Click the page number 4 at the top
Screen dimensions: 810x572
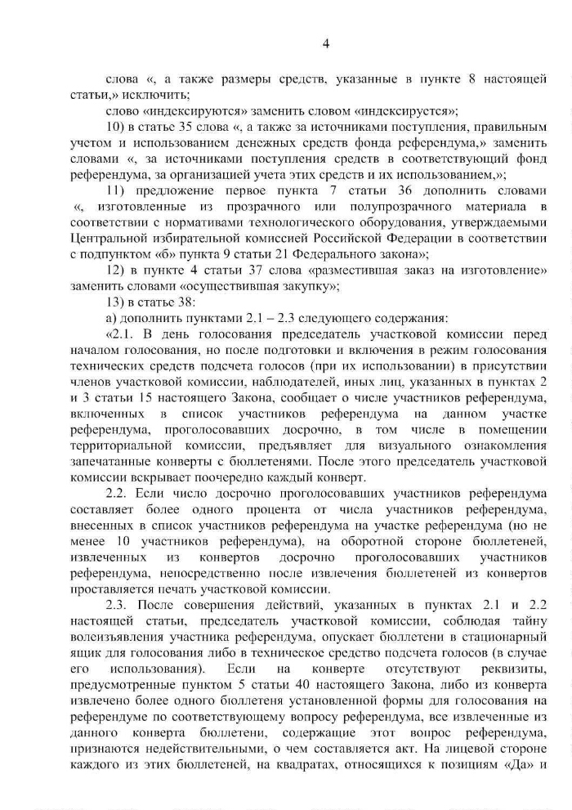point(324,43)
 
